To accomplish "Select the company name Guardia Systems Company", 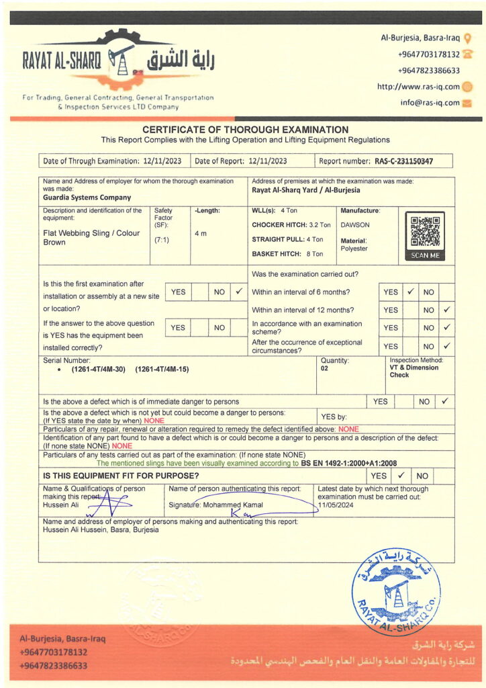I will (x=87, y=198).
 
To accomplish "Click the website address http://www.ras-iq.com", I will (x=418, y=87).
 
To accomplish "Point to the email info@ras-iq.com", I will (x=430, y=103).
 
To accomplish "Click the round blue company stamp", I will (x=396, y=592).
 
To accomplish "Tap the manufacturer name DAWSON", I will (x=355, y=225).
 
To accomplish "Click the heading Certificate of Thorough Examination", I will (x=246, y=130).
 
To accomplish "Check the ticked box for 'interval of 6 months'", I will (x=410, y=292).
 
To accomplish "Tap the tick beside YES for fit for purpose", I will (x=400, y=475).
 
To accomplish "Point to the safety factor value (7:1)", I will (x=162, y=239).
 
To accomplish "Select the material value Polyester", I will (x=354, y=249).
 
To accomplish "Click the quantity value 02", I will (x=325, y=368).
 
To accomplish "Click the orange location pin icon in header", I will (x=468, y=38).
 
